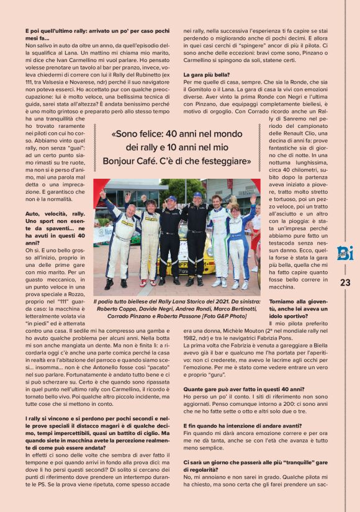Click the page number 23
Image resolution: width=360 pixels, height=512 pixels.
[x=345, y=282]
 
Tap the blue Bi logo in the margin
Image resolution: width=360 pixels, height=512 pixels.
[x=345, y=253]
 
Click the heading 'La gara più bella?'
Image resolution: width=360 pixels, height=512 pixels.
[x=207, y=74]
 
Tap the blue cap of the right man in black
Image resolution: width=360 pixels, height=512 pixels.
[x=197, y=195]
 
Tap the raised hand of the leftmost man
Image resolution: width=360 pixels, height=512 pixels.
[x=102, y=194]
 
